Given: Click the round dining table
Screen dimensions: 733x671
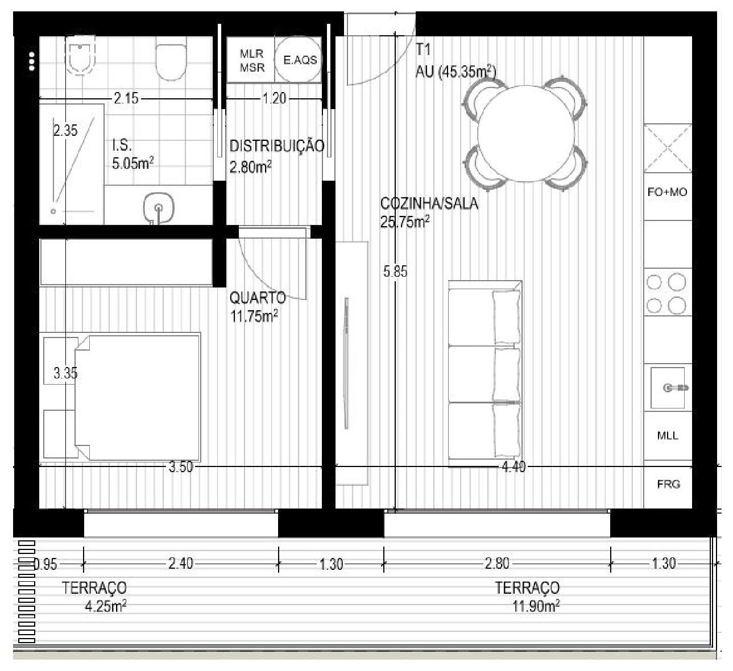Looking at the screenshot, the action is [x=525, y=134].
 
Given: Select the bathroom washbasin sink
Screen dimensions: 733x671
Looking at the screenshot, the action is [x=158, y=209].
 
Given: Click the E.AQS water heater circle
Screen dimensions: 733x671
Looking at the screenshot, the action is [x=298, y=59].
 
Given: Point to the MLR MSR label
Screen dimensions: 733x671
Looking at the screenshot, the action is [x=252, y=61].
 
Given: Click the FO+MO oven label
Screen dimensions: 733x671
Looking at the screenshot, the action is [x=667, y=192].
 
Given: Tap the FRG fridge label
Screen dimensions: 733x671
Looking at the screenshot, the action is [x=668, y=485].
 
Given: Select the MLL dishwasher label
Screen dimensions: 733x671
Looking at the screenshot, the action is [x=668, y=436].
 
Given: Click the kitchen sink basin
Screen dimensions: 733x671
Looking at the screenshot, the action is [x=667, y=387].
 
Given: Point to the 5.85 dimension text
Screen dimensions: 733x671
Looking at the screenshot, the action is [x=395, y=272].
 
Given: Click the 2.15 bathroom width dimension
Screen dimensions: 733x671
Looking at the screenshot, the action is [x=126, y=98].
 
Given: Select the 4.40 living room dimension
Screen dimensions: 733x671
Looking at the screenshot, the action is [x=513, y=467].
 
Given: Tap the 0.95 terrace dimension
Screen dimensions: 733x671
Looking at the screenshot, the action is [x=45, y=565].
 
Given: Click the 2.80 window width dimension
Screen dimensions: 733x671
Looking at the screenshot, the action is [x=497, y=564].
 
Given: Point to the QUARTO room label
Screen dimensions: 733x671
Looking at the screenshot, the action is [x=258, y=298].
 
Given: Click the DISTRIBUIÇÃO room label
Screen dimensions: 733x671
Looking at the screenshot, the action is [x=277, y=146].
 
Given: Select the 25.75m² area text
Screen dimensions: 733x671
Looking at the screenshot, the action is [x=405, y=221].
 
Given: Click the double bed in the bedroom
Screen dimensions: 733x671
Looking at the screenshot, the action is [x=138, y=397].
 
